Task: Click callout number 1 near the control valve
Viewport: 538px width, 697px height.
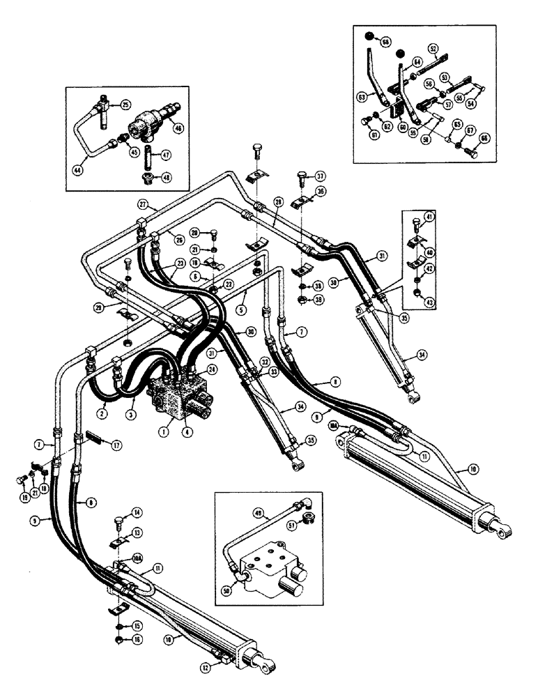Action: click(x=161, y=431)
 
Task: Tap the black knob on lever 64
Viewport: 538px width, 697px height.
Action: click(x=399, y=54)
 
